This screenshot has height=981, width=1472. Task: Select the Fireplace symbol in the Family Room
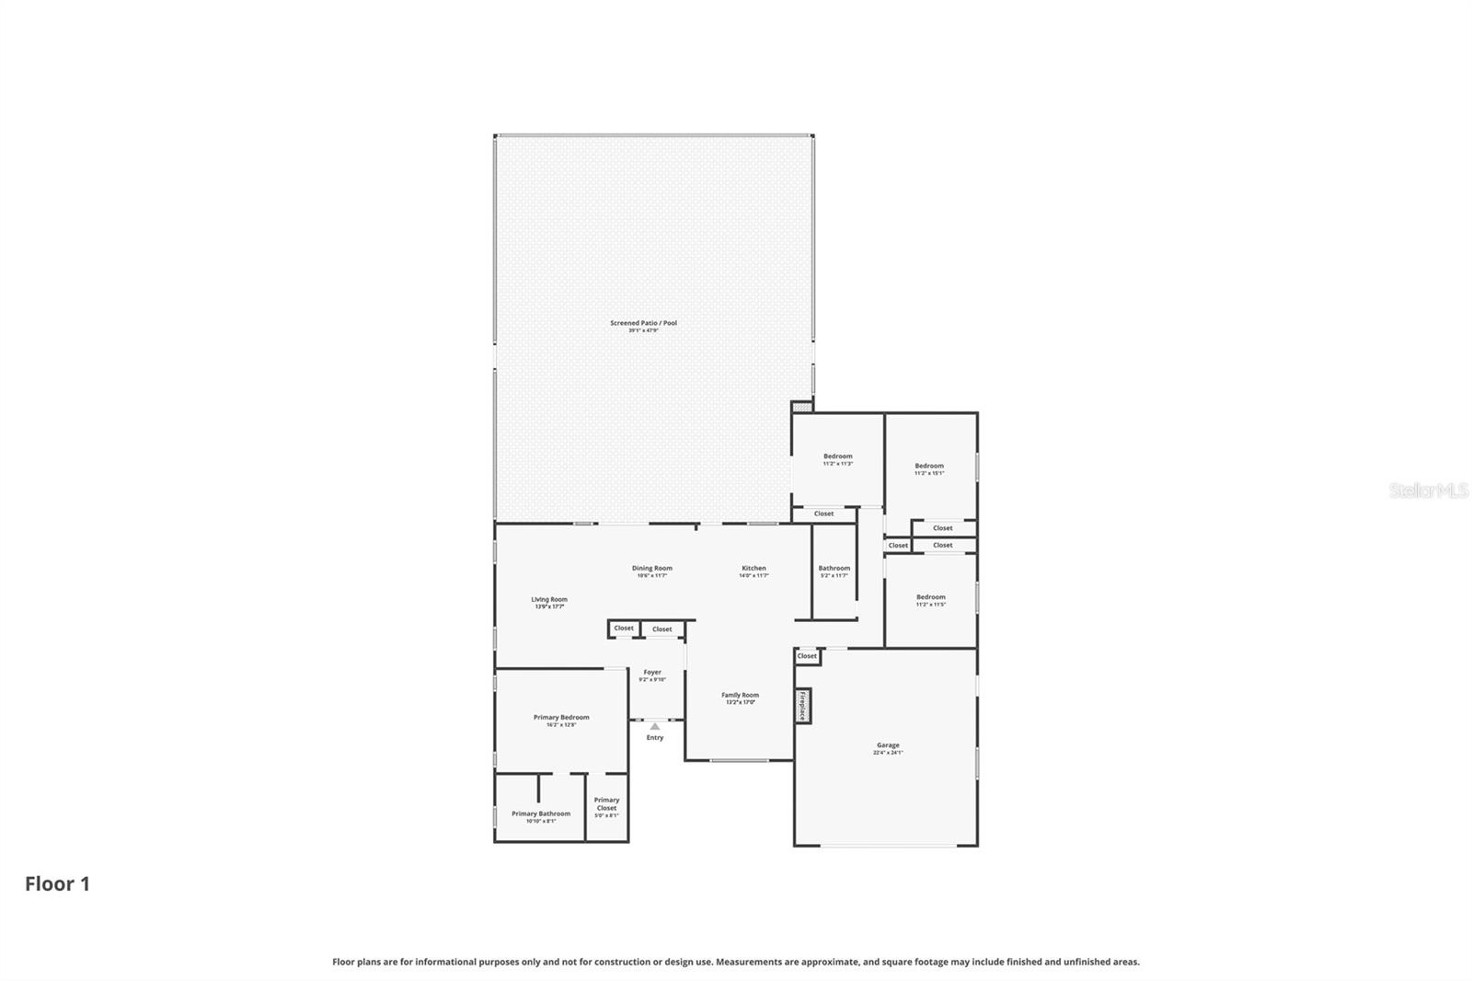(x=802, y=706)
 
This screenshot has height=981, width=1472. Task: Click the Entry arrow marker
(x=654, y=727)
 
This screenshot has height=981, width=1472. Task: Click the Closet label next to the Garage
(x=807, y=656)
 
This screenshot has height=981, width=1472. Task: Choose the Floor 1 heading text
(x=57, y=883)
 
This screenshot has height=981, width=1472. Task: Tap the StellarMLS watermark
(x=1428, y=490)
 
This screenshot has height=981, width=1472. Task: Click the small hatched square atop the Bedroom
(x=801, y=406)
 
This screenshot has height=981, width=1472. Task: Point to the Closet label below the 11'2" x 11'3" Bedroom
(x=823, y=514)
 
